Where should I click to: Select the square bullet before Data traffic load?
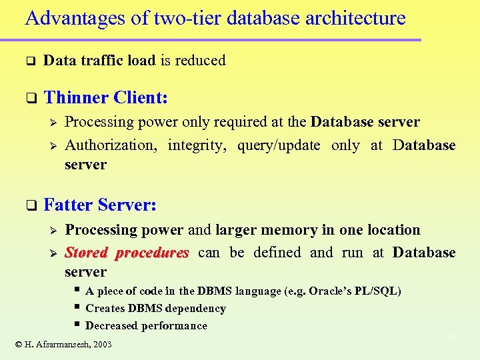tap(29, 61)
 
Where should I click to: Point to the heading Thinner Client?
tap(105, 97)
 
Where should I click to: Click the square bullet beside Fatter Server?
tap(29, 206)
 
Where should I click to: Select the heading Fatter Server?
tap(100, 205)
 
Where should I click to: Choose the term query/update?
tap(279, 145)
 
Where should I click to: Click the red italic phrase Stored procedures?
tap(127, 253)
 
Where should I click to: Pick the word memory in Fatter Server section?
tap(276, 230)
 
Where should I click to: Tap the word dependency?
tap(195, 309)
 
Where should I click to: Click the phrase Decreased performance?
tap(147, 326)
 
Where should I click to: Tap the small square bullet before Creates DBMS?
tap(78, 307)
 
